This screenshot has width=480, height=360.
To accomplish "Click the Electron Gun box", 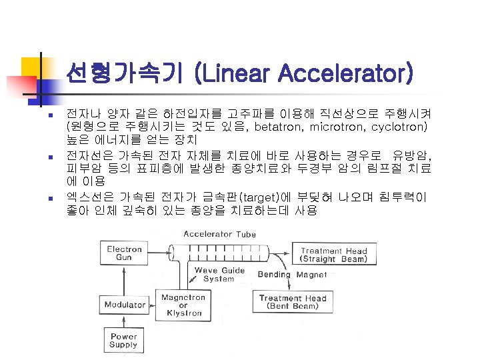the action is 125,254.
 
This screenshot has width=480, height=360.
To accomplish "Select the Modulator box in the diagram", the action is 125,305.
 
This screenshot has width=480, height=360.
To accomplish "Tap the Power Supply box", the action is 124,341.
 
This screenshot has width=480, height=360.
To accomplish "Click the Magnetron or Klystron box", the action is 183,305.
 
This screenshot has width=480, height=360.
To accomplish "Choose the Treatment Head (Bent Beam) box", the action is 293,302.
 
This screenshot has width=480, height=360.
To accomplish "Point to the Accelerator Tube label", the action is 219,233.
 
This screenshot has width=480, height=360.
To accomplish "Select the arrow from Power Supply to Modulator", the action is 124,321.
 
